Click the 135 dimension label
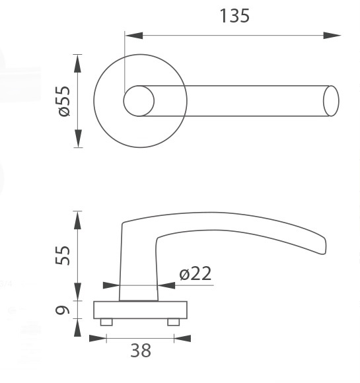234,16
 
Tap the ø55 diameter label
64,101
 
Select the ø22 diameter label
196,273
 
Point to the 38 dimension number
141,351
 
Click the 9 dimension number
63,310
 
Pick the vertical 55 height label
63,256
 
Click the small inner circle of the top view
139,101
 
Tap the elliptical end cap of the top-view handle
331,101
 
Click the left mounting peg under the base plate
106,322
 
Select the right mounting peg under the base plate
174,322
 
